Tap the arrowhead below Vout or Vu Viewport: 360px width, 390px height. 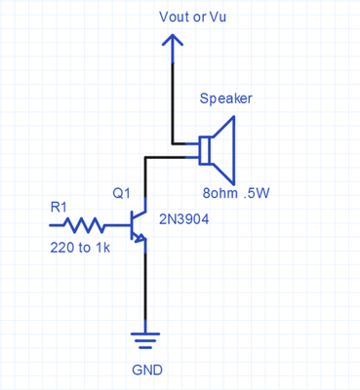coord(172,42)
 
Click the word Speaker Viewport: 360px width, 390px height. coord(225,99)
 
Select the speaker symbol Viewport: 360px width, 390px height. coord(218,149)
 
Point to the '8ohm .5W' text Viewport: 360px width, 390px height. coord(235,193)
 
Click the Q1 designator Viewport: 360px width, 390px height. coord(122,193)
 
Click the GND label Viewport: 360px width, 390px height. coord(146,370)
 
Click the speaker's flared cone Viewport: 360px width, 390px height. coord(225,149)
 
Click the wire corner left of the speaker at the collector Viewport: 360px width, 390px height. coord(145,156)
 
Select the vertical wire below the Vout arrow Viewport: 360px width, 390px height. coord(172,97)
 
